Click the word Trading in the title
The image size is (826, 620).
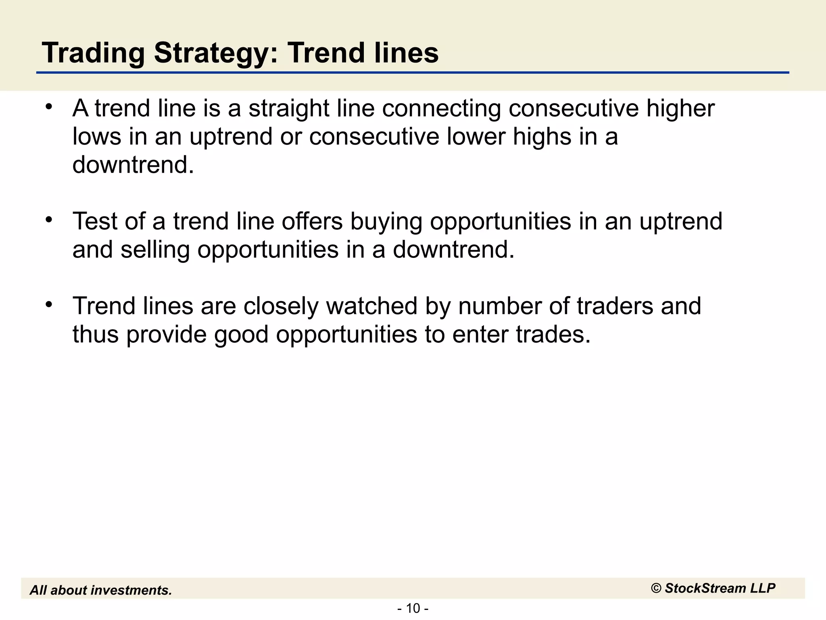click(x=93, y=53)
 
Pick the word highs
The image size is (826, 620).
click(x=542, y=137)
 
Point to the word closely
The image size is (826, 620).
click(x=281, y=307)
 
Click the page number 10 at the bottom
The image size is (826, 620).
click(x=413, y=608)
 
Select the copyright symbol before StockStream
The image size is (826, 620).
click(x=656, y=589)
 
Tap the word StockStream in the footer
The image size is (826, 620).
click(x=706, y=589)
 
